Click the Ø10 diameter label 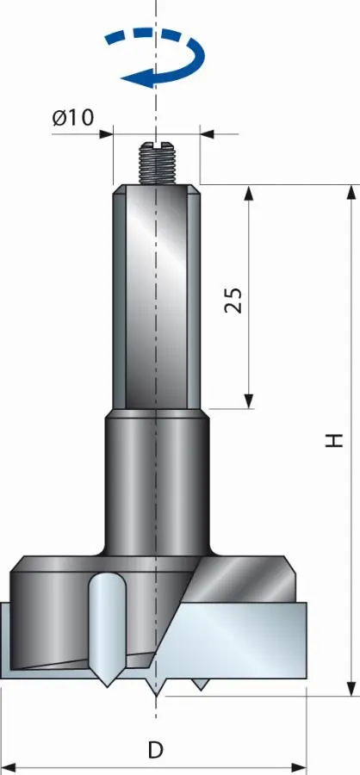(x=73, y=118)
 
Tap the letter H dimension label (x=335, y=440)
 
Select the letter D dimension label (x=156, y=750)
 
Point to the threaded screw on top (x=158, y=163)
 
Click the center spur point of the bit (x=156, y=687)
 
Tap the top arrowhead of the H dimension (x=351, y=192)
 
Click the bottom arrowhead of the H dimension (x=351, y=689)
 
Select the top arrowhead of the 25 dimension (x=249, y=193)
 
